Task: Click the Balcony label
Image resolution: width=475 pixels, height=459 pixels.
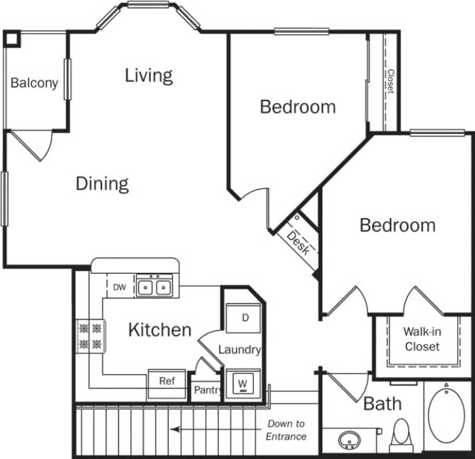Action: pos(34,83)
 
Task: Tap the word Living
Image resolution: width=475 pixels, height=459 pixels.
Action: pos(149,75)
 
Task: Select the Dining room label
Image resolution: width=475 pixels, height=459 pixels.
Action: pos(102,183)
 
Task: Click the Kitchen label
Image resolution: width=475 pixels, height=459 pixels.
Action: pos(159,330)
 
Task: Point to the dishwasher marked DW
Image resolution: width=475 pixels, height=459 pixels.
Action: pos(120,287)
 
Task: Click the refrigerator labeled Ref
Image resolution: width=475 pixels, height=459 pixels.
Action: pos(167,380)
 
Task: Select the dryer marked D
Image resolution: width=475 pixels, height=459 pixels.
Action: pos(245,317)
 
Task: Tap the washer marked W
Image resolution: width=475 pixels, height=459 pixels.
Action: pos(242,384)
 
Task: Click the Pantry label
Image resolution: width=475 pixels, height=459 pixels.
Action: pos(207,391)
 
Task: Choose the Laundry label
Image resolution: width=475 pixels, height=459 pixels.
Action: pos(240,350)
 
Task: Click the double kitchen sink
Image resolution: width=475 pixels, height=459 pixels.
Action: pos(153,287)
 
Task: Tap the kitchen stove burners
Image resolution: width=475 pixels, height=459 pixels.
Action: pos(90,336)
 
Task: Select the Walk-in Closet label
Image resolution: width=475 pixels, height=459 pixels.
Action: pos(422,339)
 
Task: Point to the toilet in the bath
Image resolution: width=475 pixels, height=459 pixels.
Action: pos(400,432)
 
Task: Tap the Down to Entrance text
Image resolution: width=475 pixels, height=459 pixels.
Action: pos(286,430)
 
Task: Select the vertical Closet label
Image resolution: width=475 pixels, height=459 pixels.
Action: pos(390,81)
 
